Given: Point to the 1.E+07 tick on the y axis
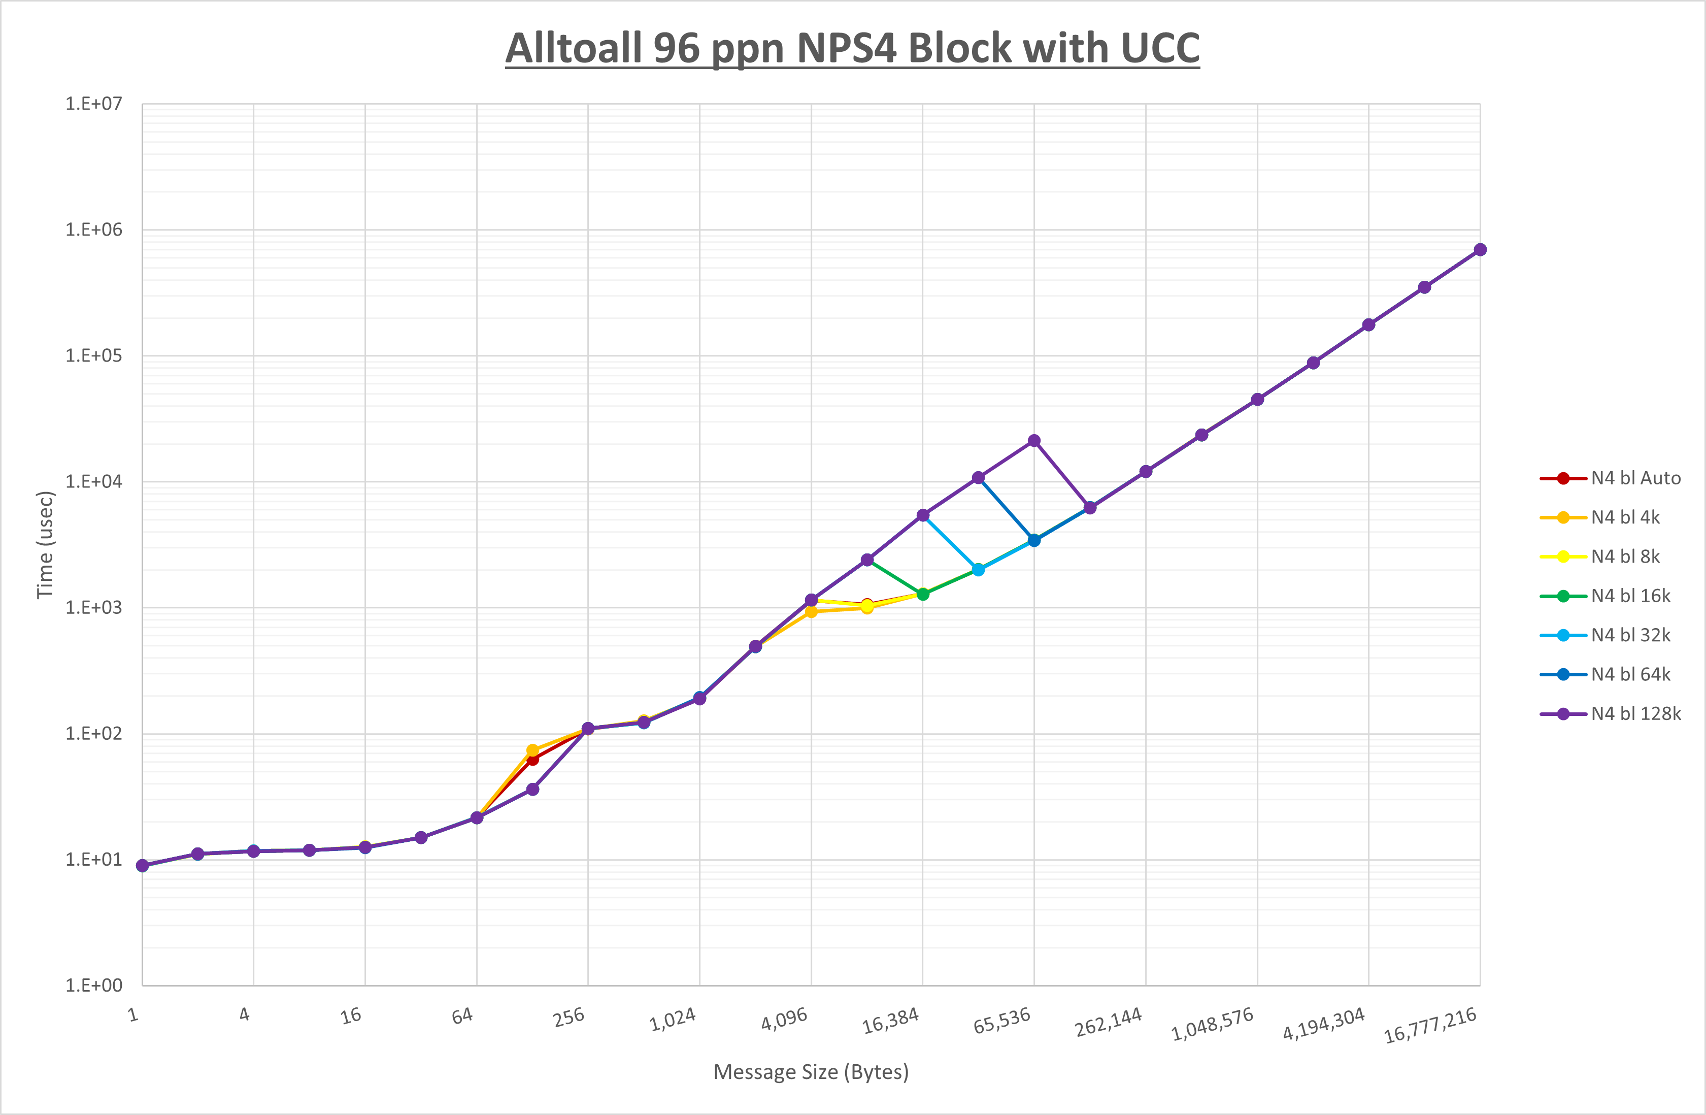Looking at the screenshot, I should click(94, 104).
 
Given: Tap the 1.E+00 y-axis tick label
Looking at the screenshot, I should click(94, 985).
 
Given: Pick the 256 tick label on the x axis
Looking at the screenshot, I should click(569, 1018).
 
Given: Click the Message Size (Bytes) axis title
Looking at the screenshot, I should click(811, 1072).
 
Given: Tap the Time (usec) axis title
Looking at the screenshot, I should click(45, 545).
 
